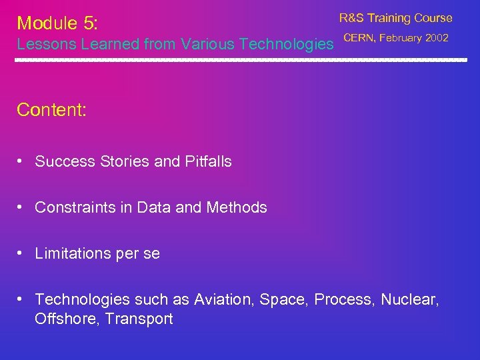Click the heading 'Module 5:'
click(57, 23)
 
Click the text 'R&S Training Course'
click(395, 18)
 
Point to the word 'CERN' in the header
click(358, 38)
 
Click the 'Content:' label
click(51, 110)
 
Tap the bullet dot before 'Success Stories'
click(21, 161)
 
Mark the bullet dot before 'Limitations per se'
click(21, 253)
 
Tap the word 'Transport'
click(141, 319)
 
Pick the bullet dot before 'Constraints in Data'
click(21, 207)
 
